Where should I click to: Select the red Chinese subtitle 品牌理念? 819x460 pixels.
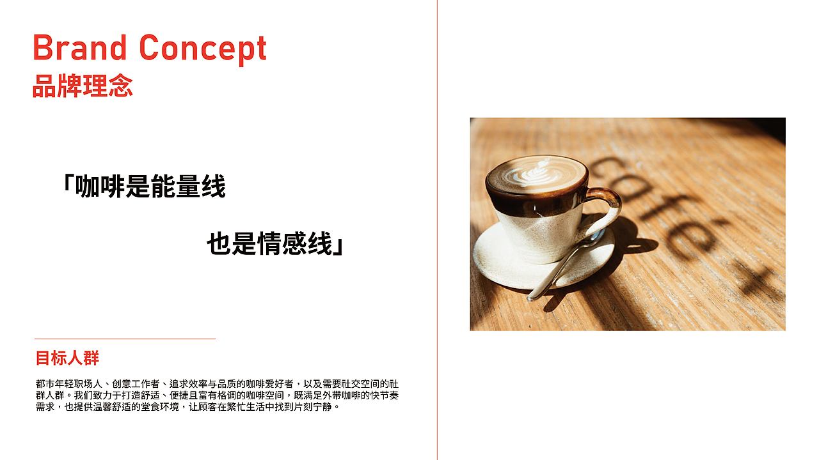point(83,86)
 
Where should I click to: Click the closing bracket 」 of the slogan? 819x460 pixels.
point(338,246)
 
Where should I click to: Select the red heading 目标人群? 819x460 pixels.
point(67,358)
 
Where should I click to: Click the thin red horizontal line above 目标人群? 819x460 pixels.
point(125,339)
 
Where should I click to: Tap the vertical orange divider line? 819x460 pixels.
point(438,230)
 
